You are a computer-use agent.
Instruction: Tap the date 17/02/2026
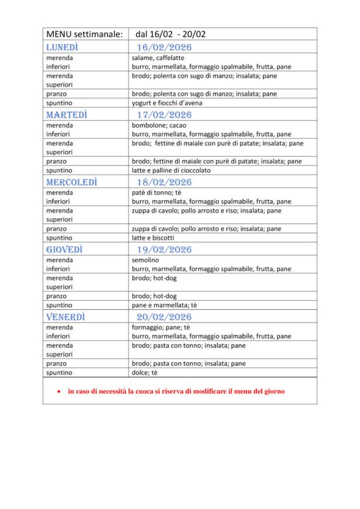pyautogui.click(x=164, y=115)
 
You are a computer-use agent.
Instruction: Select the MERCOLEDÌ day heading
pyautogui.click(x=72, y=182)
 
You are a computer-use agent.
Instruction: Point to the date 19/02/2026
pyautogui.click(x=164, y=250)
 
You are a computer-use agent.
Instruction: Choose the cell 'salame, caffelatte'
pyautogui.click(x=158, y=58)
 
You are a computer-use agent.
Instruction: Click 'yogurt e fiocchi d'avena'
pyautogui.click(x=167, y=103)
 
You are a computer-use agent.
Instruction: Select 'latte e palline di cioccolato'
pyautogui.click(x=171, y=170)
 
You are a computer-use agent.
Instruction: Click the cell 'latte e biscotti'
pyautogui.click(x=153, y=238)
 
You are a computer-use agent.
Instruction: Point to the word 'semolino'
pyautogui.click(x=145, y=260)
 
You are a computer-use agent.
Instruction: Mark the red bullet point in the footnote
pyautogui.click(x=59, y=392)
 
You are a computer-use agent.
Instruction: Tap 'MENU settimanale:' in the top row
pyautogui.click(x=84, y=34)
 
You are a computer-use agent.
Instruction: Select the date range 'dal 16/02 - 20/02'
pyautogui.click(x=171, y=34)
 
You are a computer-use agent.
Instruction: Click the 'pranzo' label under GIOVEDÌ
pyautogui.click(x=57, y=296)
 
